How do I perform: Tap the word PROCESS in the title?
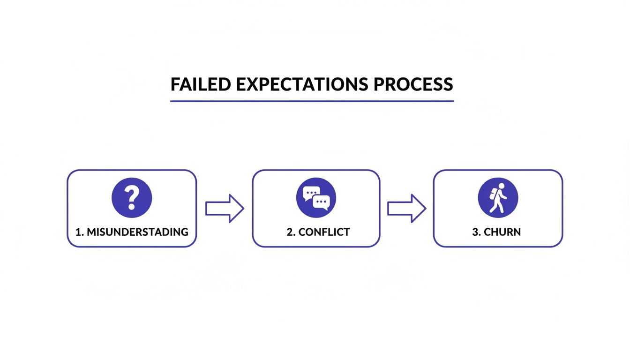point(413,84)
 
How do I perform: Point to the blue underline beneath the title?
point(312,101)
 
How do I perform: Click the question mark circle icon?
point(132,197)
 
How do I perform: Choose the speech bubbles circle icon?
point(316,197)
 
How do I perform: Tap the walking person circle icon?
point(498,197)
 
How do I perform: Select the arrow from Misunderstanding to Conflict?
point(225,208)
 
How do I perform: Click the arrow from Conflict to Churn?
point(406,208)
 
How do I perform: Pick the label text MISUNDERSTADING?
point(137,232)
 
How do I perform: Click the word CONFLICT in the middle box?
point(324,232)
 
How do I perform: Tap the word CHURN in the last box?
point(503,232)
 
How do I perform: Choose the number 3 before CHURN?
point(475,232)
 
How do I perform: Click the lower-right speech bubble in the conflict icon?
point(322,202)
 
